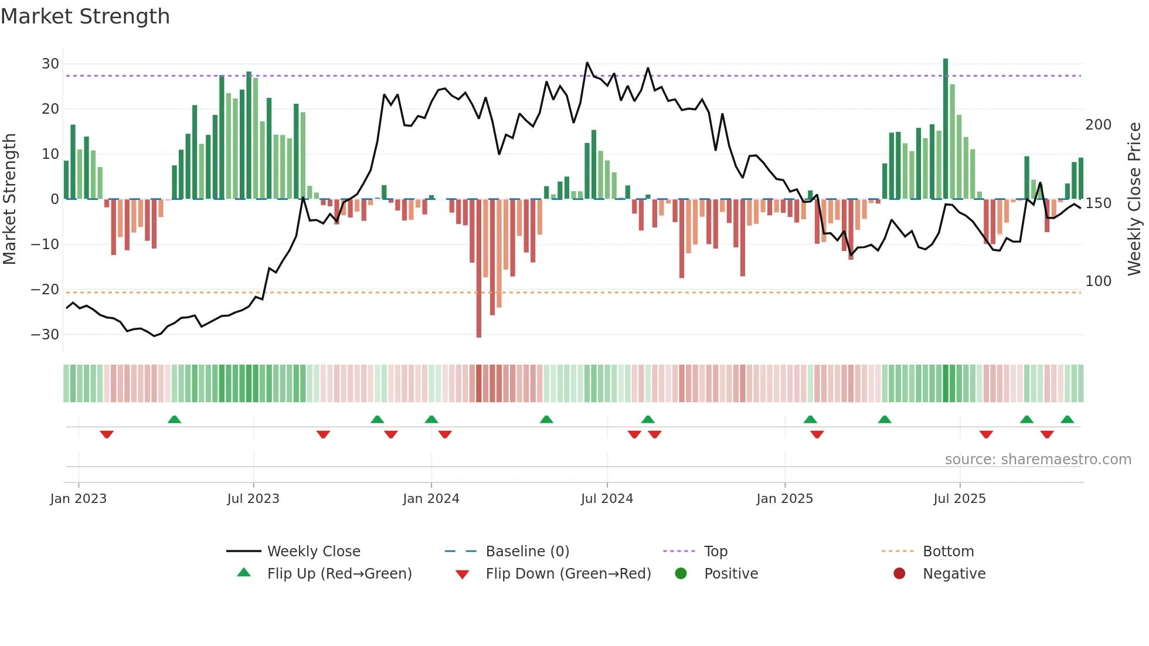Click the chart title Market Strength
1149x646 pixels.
click(86, 16)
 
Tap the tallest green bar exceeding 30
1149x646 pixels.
click(946, 129)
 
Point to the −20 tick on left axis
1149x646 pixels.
click(45, 290)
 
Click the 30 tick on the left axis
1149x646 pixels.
click(50, 64)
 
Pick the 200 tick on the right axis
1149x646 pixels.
click(1098, 125)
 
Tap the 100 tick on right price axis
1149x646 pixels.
click(1098, 281)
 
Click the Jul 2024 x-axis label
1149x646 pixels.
click(607, 499)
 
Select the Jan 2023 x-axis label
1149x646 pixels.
click(79, 499)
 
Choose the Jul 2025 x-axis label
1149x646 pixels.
click(960, 499)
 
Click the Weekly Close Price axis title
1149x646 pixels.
click(1134, 199)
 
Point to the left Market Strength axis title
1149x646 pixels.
click(10, 199)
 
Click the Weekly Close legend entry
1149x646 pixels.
click(313, 552)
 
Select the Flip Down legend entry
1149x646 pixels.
click(567, 574)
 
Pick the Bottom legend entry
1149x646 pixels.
click(948, 552)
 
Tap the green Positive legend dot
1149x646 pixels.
click(681, 574)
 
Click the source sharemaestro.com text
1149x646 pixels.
click(1038, 460)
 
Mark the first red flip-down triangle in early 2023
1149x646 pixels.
click(107, 434)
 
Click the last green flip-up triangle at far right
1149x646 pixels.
click(1067, 419)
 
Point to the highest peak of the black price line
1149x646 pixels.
click(587, 63)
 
